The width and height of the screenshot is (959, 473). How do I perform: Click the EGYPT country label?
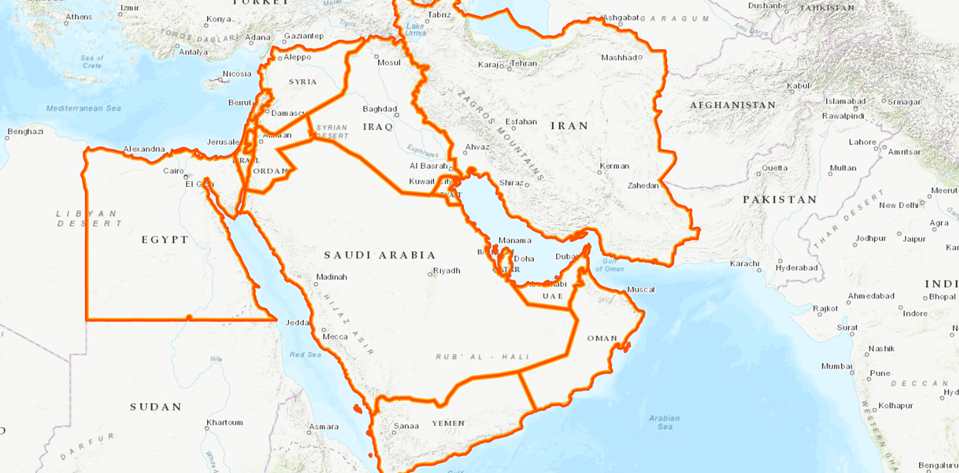click(x=165, y=240)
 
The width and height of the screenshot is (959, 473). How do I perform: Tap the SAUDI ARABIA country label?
click(x=380, y=255)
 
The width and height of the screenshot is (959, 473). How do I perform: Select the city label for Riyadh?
click(x=446, y=271)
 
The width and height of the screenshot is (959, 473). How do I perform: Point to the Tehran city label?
click(x=523, y=64)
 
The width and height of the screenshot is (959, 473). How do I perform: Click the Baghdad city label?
click(x=380, y=109)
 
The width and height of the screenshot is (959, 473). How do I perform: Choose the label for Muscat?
click(x=640, y=290)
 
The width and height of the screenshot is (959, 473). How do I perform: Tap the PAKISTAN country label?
click(x=779, y=199)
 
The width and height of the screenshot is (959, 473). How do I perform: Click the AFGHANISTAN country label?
click(x=733, y=105)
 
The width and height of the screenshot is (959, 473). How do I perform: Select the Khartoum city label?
click(x=224, y=423)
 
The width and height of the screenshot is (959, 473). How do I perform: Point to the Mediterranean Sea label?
click(x=83, y=108)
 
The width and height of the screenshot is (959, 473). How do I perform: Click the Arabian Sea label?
click(x=664, y=422)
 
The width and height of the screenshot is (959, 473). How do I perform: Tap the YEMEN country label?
click(x=448, y=423)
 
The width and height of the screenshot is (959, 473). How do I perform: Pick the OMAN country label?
click(x=602, y=338)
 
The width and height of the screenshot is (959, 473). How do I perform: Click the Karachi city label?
click(x=744, y=264)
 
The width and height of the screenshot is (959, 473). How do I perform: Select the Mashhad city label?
click(x=619, y=58)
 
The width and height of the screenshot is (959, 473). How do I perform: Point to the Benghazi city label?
click(x=25, y=132)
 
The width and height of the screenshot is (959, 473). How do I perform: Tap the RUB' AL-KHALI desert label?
click(x=483, y=357)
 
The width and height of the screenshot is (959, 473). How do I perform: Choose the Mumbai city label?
click(x=837, y=366)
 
